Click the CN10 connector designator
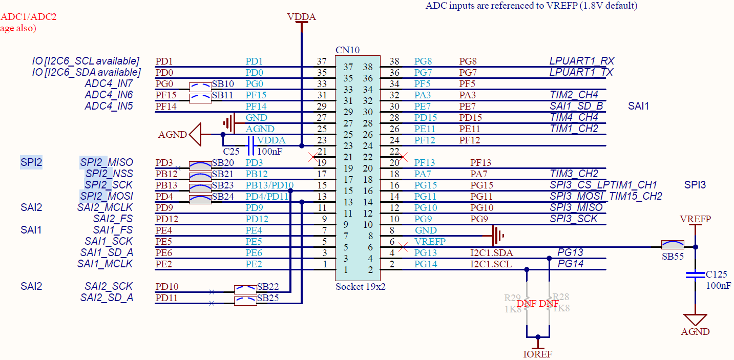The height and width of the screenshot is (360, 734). point(347,50)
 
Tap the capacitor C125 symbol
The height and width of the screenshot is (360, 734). point(695,276)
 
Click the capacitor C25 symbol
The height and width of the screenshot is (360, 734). point(250,145)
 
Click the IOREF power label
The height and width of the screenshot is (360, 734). point(537,353)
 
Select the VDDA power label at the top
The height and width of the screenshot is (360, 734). point(302,17)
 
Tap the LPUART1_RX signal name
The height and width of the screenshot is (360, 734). point(581,61)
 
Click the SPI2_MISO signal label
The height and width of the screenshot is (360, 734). point(107,162)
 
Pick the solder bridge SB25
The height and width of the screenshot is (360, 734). point(245,302)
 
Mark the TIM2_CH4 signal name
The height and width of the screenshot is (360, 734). point(574,95)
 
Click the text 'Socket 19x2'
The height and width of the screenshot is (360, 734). point(360,286)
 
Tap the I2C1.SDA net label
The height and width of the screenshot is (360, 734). point(491,252)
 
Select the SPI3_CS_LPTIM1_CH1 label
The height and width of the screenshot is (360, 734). point(603,185)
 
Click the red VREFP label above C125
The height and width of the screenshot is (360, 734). point(695,219)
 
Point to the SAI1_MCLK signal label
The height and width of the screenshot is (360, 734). point(105,264)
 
